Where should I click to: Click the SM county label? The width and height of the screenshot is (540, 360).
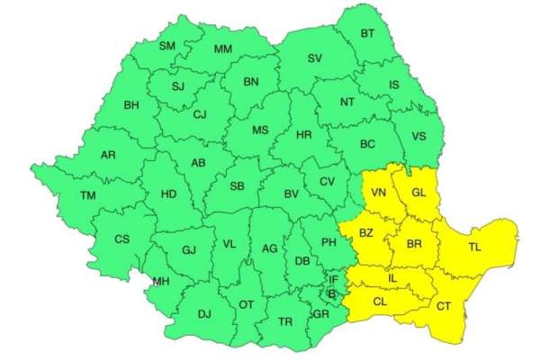pyautogui.click(x=167, y=45)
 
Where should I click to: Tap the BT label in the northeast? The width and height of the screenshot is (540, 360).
pyautogui.click(x=367, y=34)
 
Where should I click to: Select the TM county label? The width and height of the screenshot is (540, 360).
pyautogui.click(x=87, y=195)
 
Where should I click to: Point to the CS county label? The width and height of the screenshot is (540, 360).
pyautogui.click(x=121, y=238)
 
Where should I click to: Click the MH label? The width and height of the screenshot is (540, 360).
pyautogui.click(x=160, y=282)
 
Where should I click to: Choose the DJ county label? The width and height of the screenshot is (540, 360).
pyautogui.click(x=204, y=313)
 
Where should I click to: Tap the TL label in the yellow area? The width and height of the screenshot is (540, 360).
pyautogui.click(x=474, y=247)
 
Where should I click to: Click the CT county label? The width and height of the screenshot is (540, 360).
pyautogui.click(x=444, y=306)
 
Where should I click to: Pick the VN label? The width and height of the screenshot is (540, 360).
pyautogui.click(x=379, y=193)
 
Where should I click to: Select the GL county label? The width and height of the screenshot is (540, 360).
pyautogui.click(x=418, y=193)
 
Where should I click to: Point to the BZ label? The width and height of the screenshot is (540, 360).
pyautogui.click(x=366, y=233)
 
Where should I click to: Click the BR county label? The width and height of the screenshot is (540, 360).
pyautogui.click(x=414, y=243)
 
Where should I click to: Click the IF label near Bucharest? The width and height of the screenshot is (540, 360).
pyautogui.click(x=333, y=280)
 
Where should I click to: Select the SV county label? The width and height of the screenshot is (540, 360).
pyautogui.click(x=314, y=58)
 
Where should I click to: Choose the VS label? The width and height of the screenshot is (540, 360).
pyautogui.click(x=418, y=137)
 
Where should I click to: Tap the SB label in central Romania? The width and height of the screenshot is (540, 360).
pyautogui.click(x=238, y=186)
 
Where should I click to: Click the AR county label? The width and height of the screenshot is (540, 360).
pyautogui.click(x=108, y=156)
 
